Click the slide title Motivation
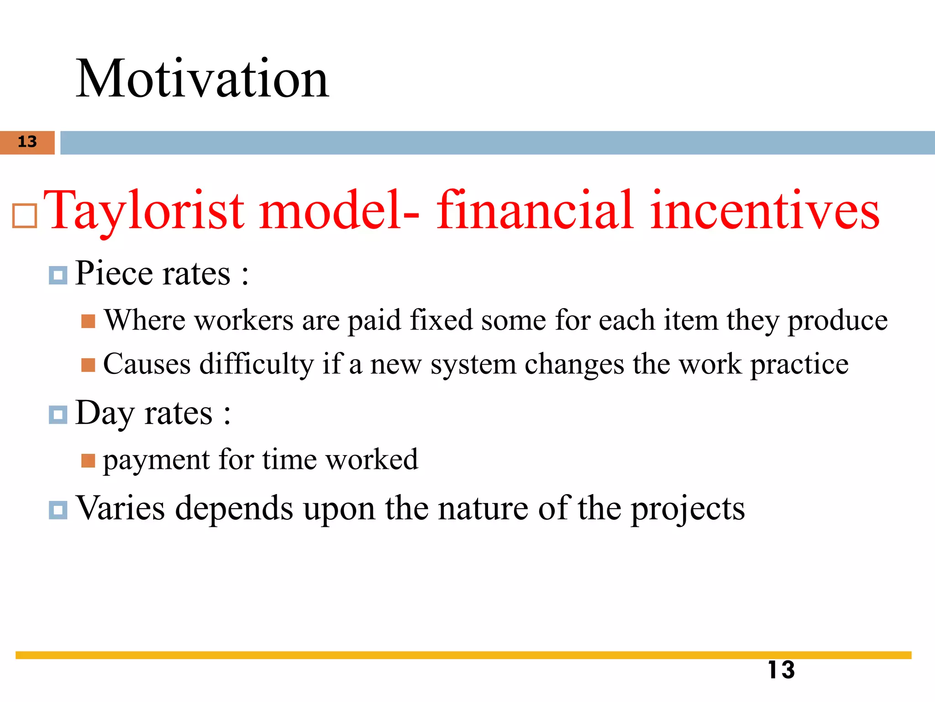coord(202,79)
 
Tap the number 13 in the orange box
coord(27,142)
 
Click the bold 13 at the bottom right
coord(781,670)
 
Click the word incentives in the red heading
coord(765,211)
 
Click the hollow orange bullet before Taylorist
coord(24,216)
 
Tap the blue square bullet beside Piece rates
coord(58,276)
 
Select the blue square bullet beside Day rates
coord(58,415)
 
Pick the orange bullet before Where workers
coord(88,321)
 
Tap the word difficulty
coord(257,365)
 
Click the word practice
coord(799,365)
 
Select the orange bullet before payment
coord(88,461)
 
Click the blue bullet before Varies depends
coord(58,510)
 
